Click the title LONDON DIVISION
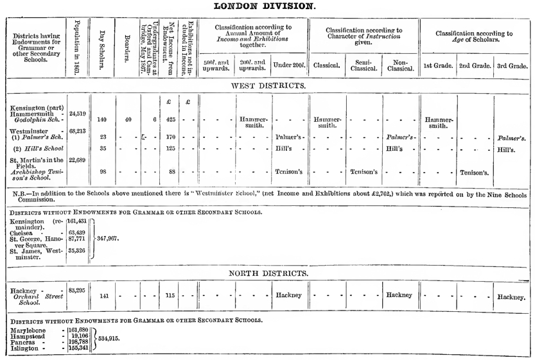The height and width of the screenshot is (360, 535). click(267, 6)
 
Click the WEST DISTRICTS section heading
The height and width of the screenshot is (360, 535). click(268, 85)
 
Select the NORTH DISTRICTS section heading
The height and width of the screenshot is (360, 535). click(268, 273)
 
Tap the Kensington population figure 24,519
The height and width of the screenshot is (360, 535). click(78, 114)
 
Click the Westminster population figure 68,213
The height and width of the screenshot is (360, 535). click(78, 131)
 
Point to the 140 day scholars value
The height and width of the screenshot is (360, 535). click(101, 119)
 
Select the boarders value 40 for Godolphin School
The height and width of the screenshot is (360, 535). click(128, 119)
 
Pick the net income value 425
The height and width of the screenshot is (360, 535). click(170, 119)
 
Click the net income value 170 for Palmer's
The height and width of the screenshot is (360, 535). click(170, 137)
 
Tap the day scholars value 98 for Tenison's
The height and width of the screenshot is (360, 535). click(103, 172)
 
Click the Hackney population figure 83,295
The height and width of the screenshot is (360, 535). click(78, 290)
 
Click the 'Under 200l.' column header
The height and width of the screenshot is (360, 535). click(290, 65)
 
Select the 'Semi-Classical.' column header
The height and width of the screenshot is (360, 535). click(364, 65)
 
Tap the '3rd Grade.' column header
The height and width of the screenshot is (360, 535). click(513, 65)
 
